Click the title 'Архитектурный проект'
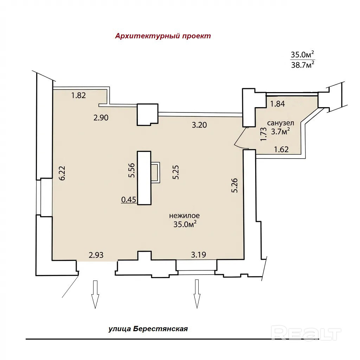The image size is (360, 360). (x=163, y=36)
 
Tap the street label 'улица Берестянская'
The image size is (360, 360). (x=148, y=329)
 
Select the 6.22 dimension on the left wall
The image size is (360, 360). (x=62, y=173)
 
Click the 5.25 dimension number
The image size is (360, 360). (x=176, y=172)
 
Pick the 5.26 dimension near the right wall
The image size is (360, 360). (x=234, y=186)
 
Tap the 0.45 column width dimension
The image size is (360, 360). (x=129, y=200)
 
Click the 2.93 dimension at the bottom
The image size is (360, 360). (x=96, y=255)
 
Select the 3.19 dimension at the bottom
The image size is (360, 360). (x=199, y=255)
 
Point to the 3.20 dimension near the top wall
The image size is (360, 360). (x=199, y=125)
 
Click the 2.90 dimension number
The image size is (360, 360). (x=101, y=117)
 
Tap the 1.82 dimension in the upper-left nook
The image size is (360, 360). (x=78, y=95)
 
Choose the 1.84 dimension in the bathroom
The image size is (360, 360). (x=278, y=104)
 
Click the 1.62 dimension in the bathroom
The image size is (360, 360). (x=282, y=149)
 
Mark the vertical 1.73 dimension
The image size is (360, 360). (x=264, y=134)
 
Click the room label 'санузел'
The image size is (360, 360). (x=280, y=123)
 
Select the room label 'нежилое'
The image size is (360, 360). (x=184, y=216)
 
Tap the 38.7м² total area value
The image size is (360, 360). (x=303, y=65)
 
